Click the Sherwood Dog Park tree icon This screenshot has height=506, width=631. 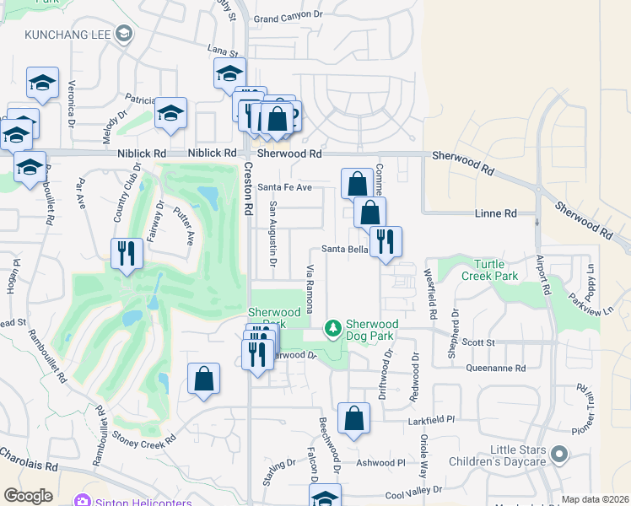tap(334, 327)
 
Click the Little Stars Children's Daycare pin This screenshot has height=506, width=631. tap(558, 456)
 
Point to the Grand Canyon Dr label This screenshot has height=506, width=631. tap(289, 16)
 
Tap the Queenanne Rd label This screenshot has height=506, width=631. tap(496, 368)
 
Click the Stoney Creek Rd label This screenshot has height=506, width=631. tap(144, 440)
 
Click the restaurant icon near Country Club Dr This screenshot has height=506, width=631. tap(126, 252)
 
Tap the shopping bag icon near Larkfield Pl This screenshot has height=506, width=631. tap(353, 417)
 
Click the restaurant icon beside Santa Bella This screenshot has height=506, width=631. tap(386, 240)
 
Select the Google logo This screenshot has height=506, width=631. tap(28, 496)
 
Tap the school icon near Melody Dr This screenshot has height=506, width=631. tap(170, 113)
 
